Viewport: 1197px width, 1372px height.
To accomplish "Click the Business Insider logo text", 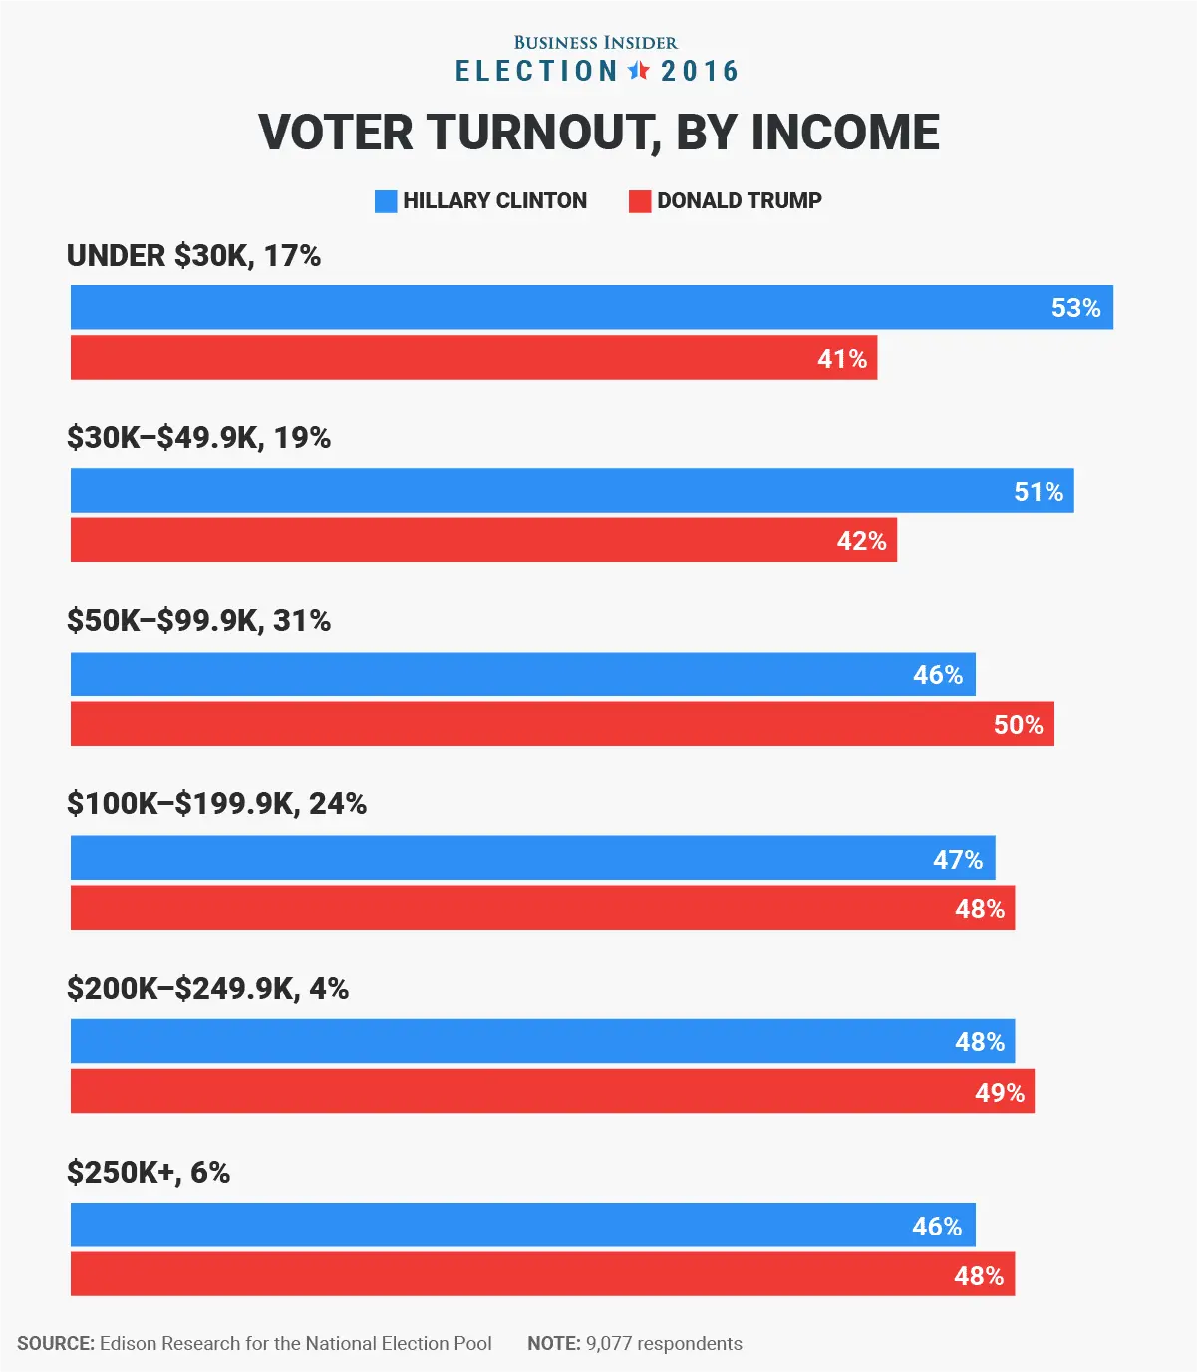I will (595, 43).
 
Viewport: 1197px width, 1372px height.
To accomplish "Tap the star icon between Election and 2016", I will (639, 71).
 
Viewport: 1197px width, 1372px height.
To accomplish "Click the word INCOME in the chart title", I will (844, 133).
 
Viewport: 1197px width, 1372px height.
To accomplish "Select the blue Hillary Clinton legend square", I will (386, 201).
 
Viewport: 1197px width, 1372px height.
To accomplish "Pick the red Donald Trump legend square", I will (640, 201).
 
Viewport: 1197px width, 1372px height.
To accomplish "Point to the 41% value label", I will (842, 359).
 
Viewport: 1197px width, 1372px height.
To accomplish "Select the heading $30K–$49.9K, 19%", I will (198, 438).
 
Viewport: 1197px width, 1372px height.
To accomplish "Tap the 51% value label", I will (1039, 492).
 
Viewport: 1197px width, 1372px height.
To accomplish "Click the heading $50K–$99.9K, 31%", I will (198, 621).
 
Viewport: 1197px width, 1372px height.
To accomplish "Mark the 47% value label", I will (958, 859).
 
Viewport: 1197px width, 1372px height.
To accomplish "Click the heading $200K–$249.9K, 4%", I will (207, 988).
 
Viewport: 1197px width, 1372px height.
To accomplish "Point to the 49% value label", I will (1000, 1093).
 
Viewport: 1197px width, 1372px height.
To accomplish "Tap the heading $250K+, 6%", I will (149, 1173).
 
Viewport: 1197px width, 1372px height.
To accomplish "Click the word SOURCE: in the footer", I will (56, 1344).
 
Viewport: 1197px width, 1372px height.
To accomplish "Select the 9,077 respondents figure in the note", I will (664, 1344).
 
